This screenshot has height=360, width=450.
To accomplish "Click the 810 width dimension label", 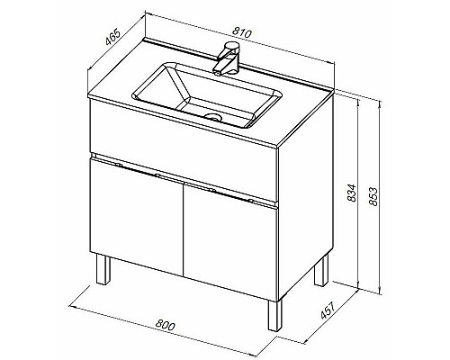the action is click(242, 32).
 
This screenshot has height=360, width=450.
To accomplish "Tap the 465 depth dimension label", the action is click(113, 37).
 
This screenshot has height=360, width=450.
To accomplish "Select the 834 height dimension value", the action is click(351, 193).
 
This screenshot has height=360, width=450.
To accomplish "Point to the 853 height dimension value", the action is click(373, 196).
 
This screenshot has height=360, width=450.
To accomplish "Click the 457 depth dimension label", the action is click(328, 310).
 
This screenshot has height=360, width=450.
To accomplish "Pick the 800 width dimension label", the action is click(165, 325).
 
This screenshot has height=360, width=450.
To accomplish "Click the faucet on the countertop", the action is click(227, 58).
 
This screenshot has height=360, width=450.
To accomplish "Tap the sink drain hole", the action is click(213, 116).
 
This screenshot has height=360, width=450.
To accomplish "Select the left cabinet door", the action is click(137, 216).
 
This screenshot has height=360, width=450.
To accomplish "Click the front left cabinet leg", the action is click(103, 269).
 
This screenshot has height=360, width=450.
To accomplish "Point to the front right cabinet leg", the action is click(275, 315).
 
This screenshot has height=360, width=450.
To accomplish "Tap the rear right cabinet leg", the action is click(320, 271).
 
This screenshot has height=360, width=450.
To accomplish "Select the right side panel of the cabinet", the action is click(306, 196).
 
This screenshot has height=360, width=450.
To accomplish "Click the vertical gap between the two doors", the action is click(184, 228).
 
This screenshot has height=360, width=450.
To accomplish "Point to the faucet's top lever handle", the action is click(233, 46).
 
